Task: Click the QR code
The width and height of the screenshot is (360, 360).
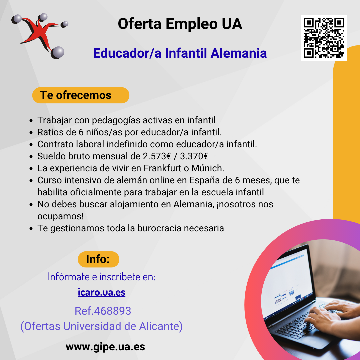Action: pos(324,38)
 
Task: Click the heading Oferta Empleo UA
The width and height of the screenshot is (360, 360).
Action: pos(180,24)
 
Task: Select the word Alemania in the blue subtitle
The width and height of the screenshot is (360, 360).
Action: pos(239,53)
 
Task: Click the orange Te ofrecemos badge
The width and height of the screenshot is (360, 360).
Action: pos(81,95)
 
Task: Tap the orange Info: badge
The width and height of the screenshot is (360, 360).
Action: pos(98,259)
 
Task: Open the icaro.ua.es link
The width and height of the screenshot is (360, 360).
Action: pos(101,292)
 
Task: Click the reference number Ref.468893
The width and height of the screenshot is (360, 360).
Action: pos(103,311)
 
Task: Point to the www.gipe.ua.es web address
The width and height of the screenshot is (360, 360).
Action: pos(105,347)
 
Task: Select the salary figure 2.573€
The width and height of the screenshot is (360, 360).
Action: pos(157,156)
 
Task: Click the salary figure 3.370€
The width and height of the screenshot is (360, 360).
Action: pos(194,156)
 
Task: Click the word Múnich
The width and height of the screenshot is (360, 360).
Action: pos(208,168)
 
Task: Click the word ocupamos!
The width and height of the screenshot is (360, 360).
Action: pos(60,217)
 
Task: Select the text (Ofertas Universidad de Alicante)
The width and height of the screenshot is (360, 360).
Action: pos(101,326)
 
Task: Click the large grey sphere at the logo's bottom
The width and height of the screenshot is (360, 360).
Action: pos(57,53)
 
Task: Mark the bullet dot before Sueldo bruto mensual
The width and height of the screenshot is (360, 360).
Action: pos(31,157)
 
